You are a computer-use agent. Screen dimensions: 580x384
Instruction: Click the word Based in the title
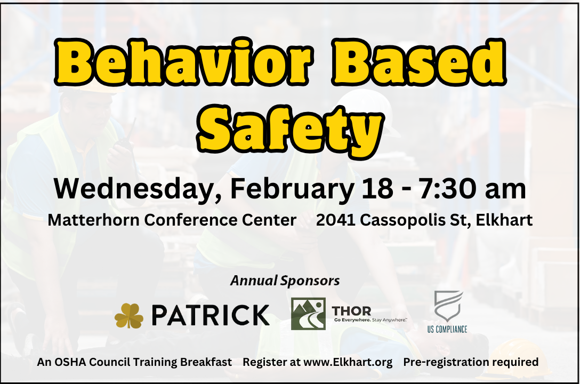[418, 62]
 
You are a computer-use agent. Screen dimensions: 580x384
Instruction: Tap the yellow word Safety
[291, 127]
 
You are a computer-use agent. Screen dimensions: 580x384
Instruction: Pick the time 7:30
[447, 189]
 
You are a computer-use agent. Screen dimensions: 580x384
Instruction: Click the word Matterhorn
[94, 220]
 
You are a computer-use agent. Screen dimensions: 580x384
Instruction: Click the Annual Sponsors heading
[285, 281]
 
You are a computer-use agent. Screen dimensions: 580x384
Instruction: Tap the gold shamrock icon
[128, 316]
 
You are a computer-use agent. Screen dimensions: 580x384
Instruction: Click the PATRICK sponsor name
[211, 315]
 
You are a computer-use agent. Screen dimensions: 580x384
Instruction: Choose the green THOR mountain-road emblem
[308, 314]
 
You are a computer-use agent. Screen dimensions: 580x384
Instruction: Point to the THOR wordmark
[351, 311]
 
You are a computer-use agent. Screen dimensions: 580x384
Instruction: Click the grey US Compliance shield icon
[448, 306]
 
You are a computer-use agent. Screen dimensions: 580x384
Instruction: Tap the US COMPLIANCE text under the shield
[447, 329]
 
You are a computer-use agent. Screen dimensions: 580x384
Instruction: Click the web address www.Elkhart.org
[348, 362]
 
